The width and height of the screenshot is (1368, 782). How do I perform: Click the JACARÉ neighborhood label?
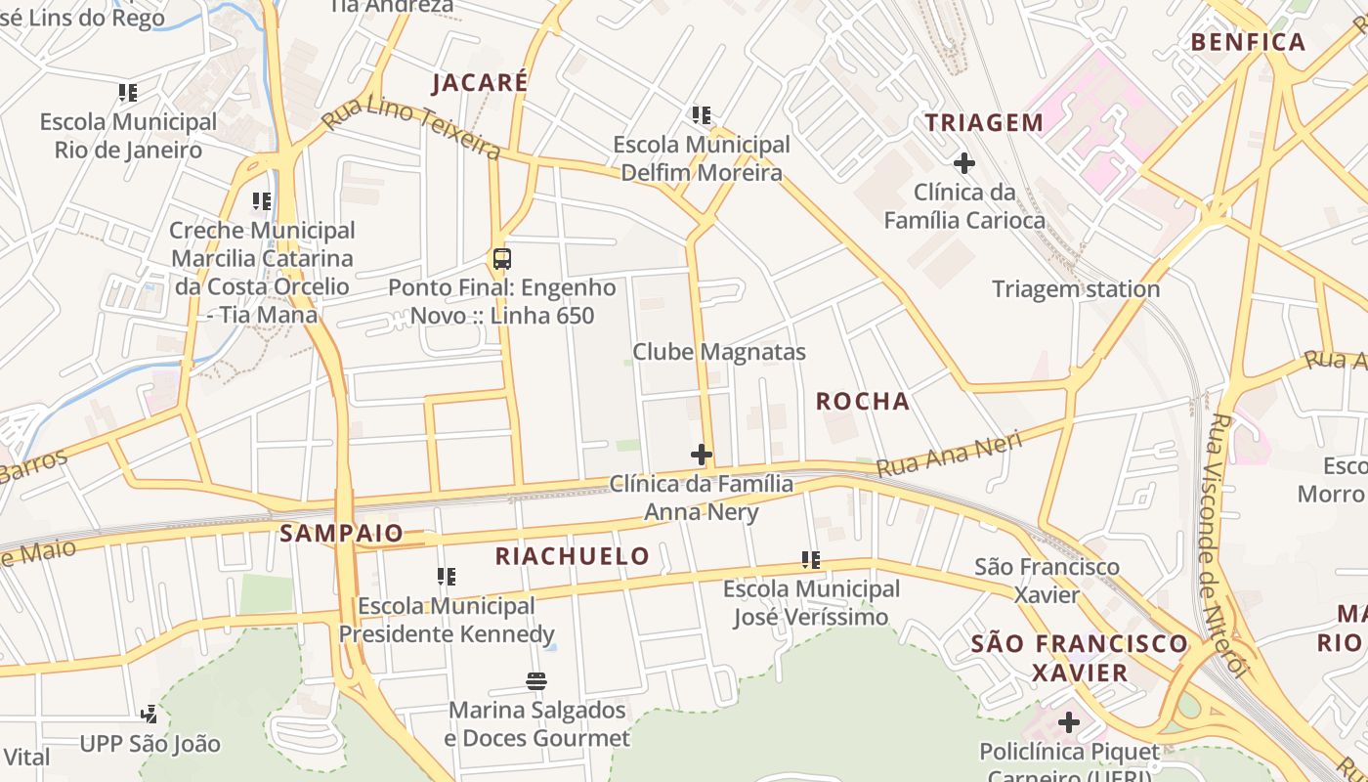click(480, 82)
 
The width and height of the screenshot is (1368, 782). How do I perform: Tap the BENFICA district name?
click(1248, 42)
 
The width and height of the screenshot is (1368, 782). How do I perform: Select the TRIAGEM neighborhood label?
click(984, 122)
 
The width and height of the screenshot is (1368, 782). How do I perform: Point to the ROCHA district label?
click(863, 401)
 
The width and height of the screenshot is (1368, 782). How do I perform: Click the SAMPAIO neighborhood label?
click(341, 533)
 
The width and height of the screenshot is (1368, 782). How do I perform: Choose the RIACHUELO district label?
click(572, 556)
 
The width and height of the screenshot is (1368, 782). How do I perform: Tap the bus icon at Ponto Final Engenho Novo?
click(501, 259)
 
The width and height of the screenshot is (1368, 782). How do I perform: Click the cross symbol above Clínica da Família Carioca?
click(964, 162)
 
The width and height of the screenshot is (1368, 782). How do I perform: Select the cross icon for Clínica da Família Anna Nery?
click(701, 455)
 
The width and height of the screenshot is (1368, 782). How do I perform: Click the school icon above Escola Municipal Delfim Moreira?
click(701, 115)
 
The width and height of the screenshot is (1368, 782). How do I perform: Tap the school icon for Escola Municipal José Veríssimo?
click(810, 560)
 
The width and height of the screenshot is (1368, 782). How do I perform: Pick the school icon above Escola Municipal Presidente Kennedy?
click(447, 577)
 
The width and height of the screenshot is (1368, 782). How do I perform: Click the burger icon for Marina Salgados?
click(535, 680)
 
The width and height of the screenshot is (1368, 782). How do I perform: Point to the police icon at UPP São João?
click(150, 715)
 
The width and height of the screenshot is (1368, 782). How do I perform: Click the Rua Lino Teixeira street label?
click(411, 131)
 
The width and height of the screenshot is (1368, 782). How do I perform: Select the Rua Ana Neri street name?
click(949, 455)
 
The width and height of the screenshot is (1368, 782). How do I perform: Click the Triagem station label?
click(1076, 288)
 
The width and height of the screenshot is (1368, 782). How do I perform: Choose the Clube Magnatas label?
click(719, 352)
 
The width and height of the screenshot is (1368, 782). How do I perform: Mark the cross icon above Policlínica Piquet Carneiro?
click(1069, 723)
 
